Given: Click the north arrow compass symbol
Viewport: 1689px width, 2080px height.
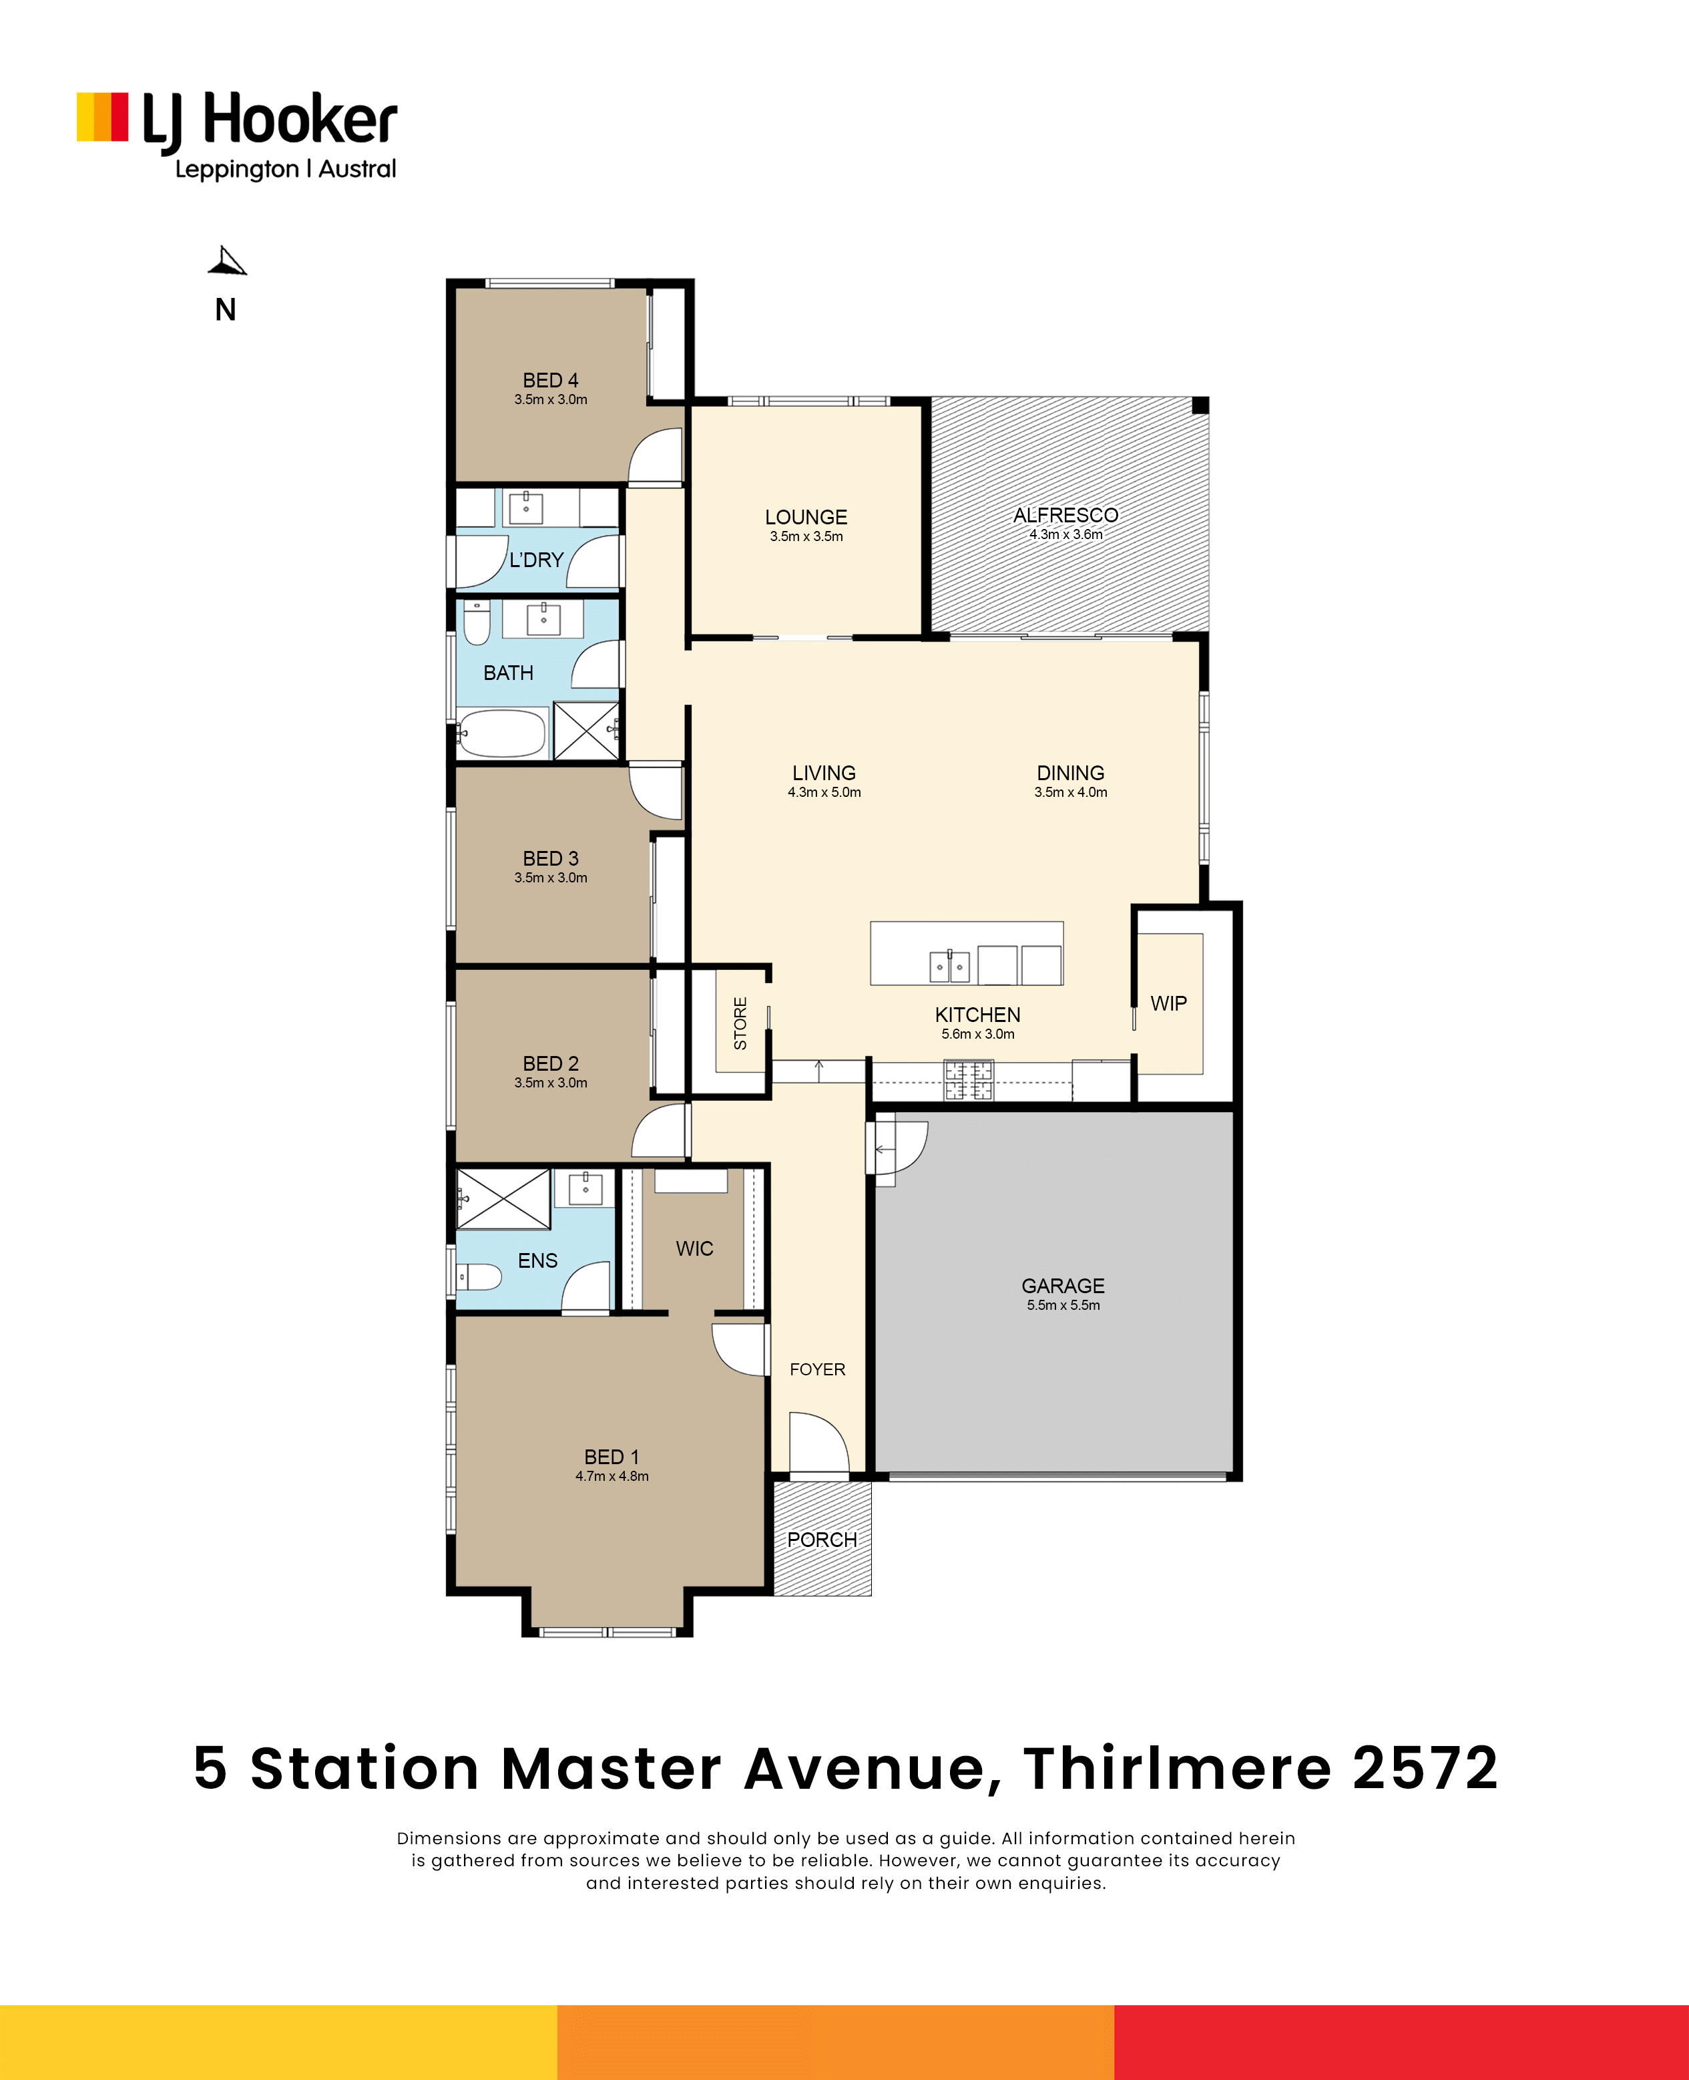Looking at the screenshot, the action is click(227, 261).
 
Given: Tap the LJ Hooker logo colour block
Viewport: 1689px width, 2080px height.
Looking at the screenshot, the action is click(102, 118).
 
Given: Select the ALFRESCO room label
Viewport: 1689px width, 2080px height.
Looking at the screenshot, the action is click(1065, 515).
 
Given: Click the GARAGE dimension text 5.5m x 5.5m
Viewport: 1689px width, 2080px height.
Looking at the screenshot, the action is click(1063, 1305).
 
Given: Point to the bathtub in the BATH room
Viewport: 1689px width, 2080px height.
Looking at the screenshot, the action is click(502, 733).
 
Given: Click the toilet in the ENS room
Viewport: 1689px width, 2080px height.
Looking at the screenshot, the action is click(479, 1276).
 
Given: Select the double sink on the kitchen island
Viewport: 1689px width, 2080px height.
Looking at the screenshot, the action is click(949, 967).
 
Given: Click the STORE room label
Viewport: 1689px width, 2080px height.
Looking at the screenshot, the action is click(740, 1023).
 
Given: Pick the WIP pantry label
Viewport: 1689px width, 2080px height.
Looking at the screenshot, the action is click(1168, 1003).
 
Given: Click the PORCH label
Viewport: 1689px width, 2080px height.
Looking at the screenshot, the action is click(822, 1540).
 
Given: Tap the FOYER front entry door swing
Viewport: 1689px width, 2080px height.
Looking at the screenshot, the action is click(819, 1443).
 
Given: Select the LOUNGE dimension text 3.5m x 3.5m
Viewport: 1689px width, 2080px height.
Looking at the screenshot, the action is click(806, 536).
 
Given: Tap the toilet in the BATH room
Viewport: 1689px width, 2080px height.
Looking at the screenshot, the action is click(477, 623).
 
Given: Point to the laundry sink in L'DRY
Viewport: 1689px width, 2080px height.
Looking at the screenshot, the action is click(526, 507).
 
